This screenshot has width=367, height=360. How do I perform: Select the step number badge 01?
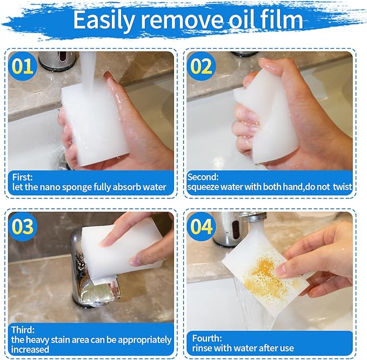pos(23,66)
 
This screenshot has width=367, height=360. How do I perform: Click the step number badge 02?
pos(201,66)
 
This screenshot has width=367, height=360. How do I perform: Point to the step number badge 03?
pos(23,226)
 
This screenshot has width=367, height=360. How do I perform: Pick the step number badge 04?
pos(201,226)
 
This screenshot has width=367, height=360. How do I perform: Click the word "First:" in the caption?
pos(23,177)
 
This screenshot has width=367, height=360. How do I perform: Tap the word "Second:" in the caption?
pos(203,177)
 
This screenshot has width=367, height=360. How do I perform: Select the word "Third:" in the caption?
pos(23,330)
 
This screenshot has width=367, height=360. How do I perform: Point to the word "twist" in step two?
pos(343,187)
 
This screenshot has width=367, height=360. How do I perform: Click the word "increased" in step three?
pos(30,349)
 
